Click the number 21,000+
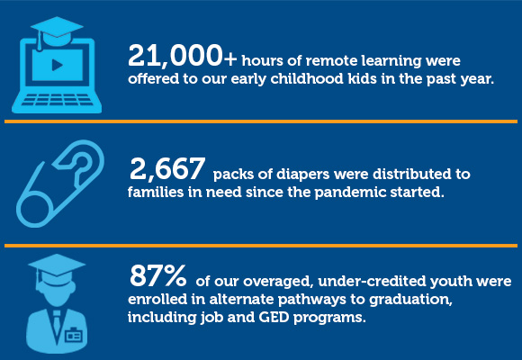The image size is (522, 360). pyautogui.click(x=183, y=56)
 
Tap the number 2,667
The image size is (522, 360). pyautogui.click(x=167, y=169)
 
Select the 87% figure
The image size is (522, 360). pyautogui.click(x=158, y=275)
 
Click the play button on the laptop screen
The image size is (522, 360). pyautogui.click(x=58, y=65)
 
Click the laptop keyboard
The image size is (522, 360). pyautogui.click(x=57, y=100)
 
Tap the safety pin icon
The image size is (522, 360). pyautogui.click(x=60, y=184)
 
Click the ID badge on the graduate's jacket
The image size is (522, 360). pyautogui.click(x=73, y=335)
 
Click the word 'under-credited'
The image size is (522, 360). pyautogui.click(x=372, y=282)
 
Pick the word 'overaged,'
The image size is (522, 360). pyautogui.click(x=279, y=282)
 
